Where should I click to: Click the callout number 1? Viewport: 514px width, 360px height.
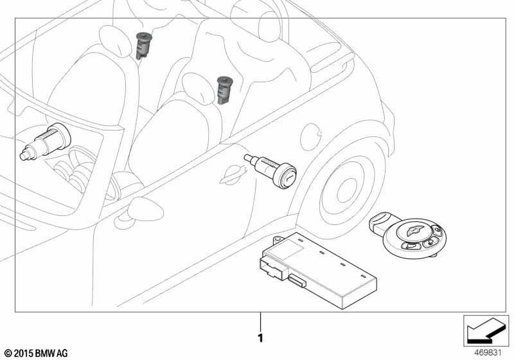point(260,338)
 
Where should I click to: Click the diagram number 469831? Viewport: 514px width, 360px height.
point(488,353)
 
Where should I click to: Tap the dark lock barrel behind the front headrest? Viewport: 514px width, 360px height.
point(143,46)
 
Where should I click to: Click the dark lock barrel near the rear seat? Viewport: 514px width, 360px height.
point(224,90)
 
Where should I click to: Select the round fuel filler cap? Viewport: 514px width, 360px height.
point(310,137)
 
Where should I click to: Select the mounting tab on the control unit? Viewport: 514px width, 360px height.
point(278,239)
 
